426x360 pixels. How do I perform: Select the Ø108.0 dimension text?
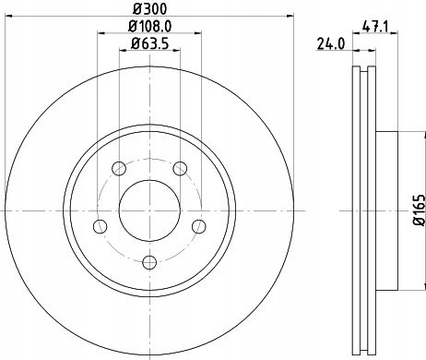click(152, 29)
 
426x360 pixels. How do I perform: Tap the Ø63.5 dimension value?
click(152, 45)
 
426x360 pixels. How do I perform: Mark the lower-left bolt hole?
click(100, 225)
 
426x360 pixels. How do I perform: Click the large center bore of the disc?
click(150, 207)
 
